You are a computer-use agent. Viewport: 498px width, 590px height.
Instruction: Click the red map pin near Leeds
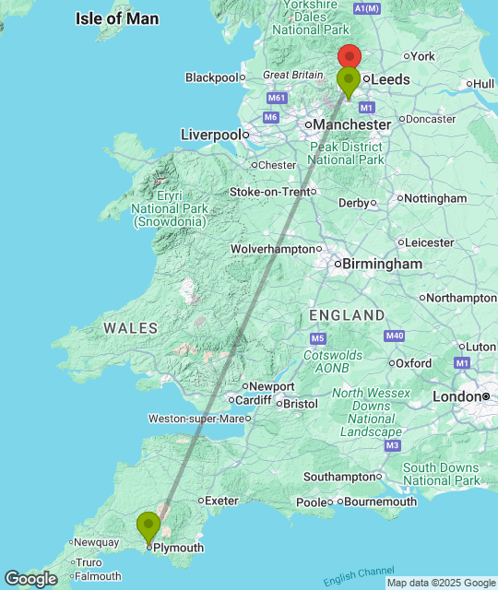click(x=349, y=58)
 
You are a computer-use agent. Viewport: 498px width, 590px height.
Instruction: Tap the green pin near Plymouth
click(x=148, y=527)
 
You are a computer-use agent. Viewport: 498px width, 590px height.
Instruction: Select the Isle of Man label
click(x=117, y=18)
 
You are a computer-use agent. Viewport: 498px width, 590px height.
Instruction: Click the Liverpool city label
click(x=212, y=135)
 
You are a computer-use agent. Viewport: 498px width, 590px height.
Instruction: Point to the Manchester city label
click(x=351, y=124)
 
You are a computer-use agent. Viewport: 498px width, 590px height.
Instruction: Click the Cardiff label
click(x=253, y=400)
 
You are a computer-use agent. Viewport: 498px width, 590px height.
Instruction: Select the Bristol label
click(x=300, y=404)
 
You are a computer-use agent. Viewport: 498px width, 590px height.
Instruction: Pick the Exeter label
click(x=221, y=501)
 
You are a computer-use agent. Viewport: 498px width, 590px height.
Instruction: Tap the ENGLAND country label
click(x=347, y=315)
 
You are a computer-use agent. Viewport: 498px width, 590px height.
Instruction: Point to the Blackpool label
click(x=212, y=77)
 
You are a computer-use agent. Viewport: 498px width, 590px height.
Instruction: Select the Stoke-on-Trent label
click(x=270, y=192)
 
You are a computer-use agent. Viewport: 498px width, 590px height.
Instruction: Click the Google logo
click(x=30, y=578)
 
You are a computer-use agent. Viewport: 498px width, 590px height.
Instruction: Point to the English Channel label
click(x=357, y=576)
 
